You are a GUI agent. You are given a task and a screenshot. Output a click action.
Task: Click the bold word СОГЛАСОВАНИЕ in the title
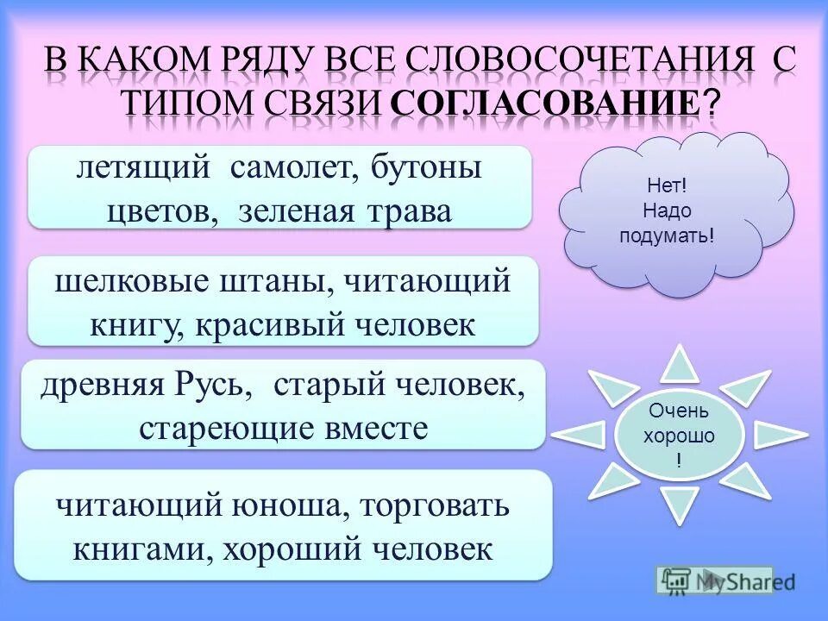(x=545, y=103)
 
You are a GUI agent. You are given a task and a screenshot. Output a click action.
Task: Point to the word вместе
(x=378, y=428)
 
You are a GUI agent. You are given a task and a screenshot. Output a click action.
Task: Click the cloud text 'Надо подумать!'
(x=667, y=223)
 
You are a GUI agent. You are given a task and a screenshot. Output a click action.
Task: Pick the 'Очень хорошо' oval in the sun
(x=679, y=436)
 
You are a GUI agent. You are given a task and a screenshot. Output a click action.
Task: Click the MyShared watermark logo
(x=714, y=581)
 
